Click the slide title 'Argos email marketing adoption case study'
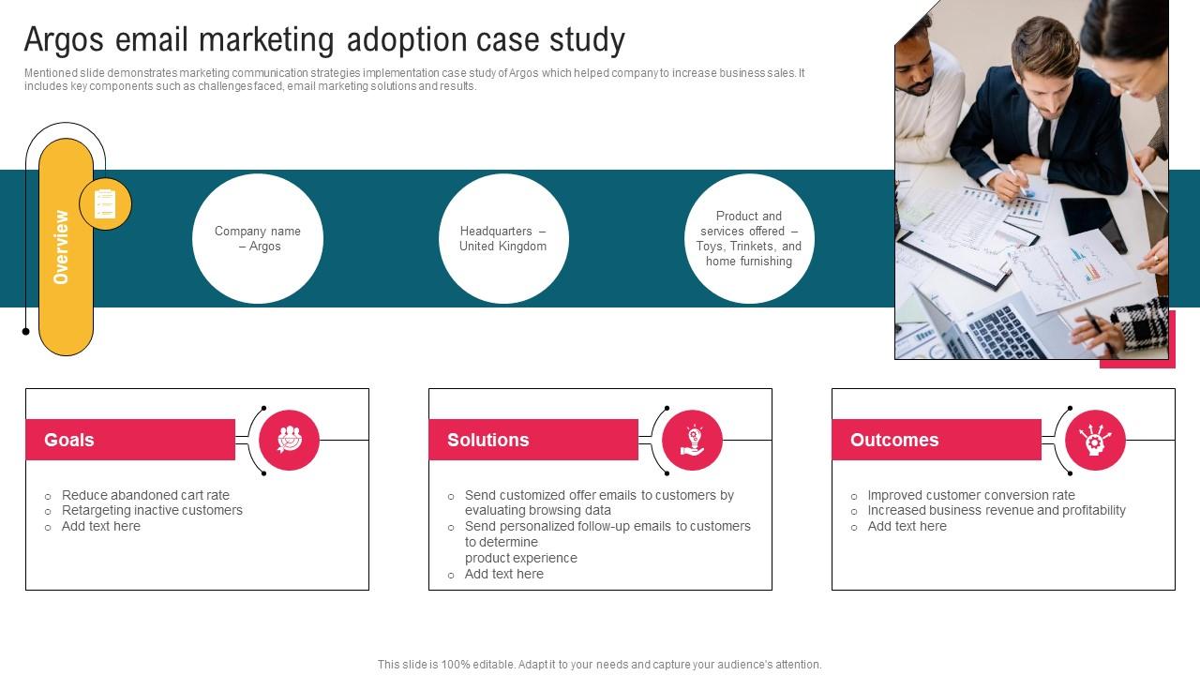(324, 40)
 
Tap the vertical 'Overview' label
(62, 247)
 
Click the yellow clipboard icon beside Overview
(105, 203)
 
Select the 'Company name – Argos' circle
(258, 239)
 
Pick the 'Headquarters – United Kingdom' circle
(503, 239)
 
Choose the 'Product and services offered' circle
(749, 239)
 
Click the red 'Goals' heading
(130, 440)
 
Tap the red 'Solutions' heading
(532, 440)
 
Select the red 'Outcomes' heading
(936, 440)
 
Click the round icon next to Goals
(289, 440)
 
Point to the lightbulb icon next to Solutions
(692, 440)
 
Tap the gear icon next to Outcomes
(1095, 440)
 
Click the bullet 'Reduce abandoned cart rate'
(145, 495)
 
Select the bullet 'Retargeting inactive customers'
(152, 510)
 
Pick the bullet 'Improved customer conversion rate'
(971, 495)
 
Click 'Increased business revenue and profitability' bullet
(997, 510)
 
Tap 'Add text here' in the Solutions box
(504, 574)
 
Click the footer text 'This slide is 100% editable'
(600, 664)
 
